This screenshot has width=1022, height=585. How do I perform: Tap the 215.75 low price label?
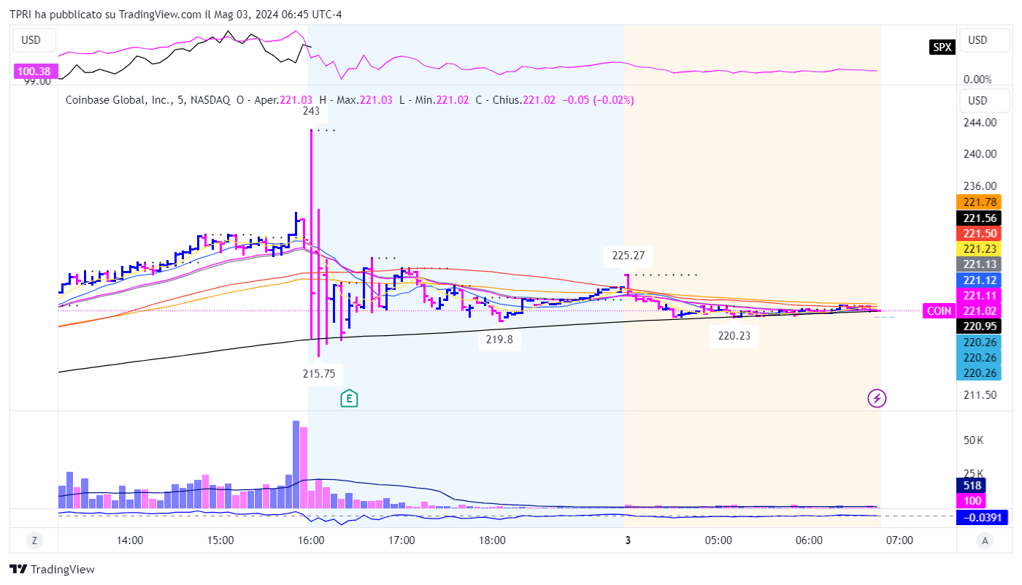coord(319,373)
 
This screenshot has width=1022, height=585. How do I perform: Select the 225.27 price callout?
coord(628,256)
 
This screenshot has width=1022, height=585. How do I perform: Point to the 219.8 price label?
coord(499,340)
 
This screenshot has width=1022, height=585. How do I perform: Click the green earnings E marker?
coord(350,398)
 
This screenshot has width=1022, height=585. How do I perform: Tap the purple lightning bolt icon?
coord(877,398)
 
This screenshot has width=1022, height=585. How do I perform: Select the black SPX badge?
coord(942,47)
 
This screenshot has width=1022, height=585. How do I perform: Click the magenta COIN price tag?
coord(939,310)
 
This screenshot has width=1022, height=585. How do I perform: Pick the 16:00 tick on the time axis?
coord(311,540)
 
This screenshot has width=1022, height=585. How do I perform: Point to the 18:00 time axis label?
coord(492,540)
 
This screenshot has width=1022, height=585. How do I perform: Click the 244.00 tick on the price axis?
coord(979,123)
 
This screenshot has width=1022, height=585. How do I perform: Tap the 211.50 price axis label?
coord(979,395)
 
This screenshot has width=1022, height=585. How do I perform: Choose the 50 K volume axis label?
coord(975,440)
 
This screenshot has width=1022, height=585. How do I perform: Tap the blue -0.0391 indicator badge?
coord(980,518)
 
